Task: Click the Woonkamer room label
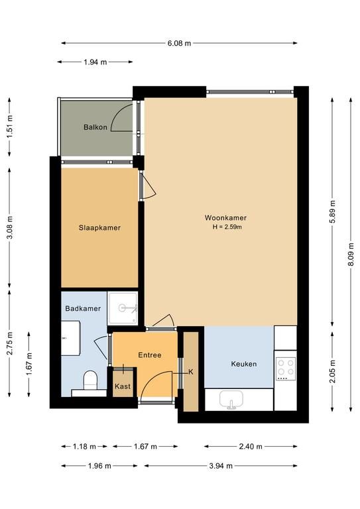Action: pos(225,218)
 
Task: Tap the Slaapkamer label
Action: pos(99,228)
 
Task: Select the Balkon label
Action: pos(95,127)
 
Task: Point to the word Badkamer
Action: pos(83,308)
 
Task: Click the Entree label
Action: pos(150,355)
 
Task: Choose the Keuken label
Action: pos(244,364)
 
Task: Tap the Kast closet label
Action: pos(123,386)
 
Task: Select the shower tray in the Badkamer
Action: pos(123,308)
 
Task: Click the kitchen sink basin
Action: pos(231,399)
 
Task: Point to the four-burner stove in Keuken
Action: pos(286,368)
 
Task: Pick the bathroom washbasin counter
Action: pos(71,338)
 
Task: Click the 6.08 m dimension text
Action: pos(179,43)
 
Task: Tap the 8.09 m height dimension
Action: pos(351,254)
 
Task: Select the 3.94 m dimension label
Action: pos(221,466)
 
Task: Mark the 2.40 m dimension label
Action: pos(251,447)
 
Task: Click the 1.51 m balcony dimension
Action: pos(10,127)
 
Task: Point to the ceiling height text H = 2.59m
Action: pos(227,227)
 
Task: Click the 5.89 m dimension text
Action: pos(332,212)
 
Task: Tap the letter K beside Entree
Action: pos(191,372)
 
